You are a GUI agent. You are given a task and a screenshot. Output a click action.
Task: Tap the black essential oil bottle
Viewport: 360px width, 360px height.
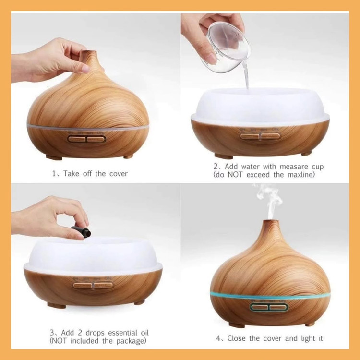pyautogui.click(x=81, y=232)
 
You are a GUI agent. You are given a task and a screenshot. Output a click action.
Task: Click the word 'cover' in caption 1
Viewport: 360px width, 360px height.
pyautogui.click(x=119, y=174)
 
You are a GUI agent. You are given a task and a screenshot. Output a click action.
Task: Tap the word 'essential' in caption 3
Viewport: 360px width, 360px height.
pyautogui.click(x=122, y=333)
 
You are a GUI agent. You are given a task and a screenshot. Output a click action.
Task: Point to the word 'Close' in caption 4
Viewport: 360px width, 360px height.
pyautogui.click(x=237, y=338)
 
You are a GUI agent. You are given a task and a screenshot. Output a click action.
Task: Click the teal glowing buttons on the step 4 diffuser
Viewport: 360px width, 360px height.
pyautogui.click(x=269, y=307)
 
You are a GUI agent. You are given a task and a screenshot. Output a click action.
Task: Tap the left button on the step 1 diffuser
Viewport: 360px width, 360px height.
pyautogui.click(x=76, y=139)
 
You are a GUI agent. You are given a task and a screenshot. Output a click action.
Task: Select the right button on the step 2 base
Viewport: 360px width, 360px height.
pyautogui.click(x=270, y=136)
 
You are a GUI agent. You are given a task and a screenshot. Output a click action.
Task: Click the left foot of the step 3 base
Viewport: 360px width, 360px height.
pyautogui.click(x=57, y=305)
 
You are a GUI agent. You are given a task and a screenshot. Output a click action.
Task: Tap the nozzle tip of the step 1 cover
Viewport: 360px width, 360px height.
pyautogui.click(x=89, y=52)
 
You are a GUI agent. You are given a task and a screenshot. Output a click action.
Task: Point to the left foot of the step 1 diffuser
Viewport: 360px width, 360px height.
pyautogui.click(x=54, y=157)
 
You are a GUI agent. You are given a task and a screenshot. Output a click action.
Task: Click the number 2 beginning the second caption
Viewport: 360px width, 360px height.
pyautogui.click(x=216, y=167)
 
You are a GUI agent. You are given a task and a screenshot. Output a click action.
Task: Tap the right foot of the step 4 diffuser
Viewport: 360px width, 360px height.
pyautogui.click(x=310, y=324)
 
